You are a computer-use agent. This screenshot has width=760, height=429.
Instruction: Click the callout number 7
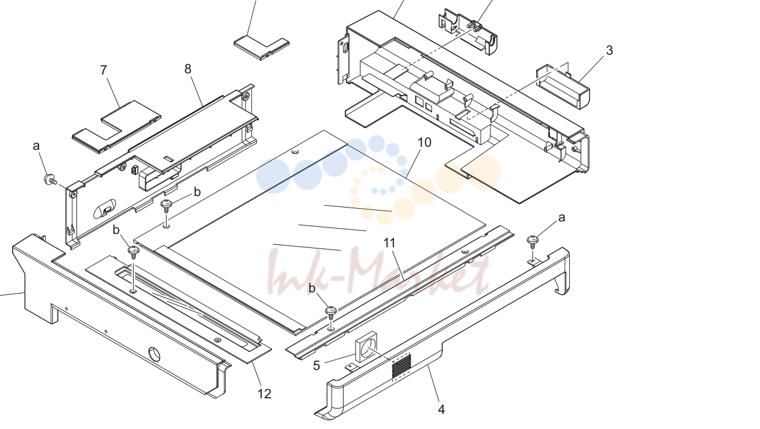103,70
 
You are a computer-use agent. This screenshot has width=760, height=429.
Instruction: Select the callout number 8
188,69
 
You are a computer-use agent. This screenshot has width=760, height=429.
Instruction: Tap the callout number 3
610,50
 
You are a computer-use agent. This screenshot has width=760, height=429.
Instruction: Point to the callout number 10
424,143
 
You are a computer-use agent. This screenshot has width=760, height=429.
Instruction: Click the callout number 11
389,243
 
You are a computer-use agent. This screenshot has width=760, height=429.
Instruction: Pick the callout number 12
264,394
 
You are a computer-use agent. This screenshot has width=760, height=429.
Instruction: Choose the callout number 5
316,365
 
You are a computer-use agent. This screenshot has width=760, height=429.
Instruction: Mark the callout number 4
441,409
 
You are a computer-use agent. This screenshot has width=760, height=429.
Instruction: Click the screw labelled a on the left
50,179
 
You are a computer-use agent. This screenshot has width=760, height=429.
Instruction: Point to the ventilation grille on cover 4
401,366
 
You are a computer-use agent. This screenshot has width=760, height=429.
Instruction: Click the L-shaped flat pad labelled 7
116,126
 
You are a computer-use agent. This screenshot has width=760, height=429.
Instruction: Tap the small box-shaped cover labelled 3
563,87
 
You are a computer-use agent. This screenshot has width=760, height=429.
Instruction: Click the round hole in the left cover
155,354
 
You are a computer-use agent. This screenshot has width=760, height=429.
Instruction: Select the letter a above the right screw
561,218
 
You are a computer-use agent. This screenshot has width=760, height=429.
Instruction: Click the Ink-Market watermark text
378,271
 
